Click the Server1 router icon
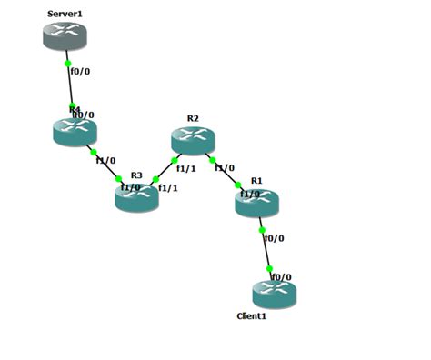65,35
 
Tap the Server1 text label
65,14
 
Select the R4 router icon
75,133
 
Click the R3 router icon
136,197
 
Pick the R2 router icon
193,140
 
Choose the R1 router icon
256,203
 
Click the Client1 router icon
275,294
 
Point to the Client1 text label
252,315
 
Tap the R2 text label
193,118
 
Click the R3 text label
136,175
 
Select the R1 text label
256,181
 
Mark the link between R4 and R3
105,165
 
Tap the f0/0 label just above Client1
282,276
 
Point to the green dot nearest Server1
67,64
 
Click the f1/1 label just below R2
185,168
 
